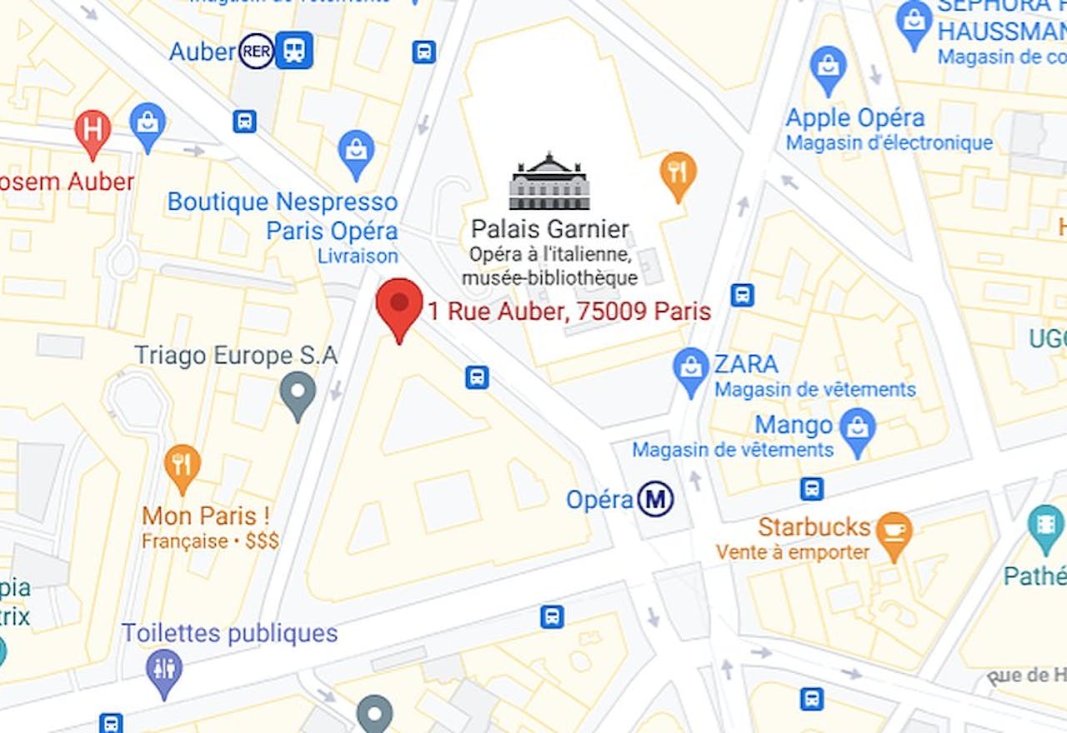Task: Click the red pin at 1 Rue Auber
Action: [399, 303]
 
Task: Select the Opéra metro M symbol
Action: [655, 500]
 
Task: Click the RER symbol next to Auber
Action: [256, 51]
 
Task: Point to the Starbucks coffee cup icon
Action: [894, 530]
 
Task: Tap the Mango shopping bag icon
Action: [857, 427]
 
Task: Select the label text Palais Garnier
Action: [550, 229]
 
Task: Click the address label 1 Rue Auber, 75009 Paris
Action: [569, 312]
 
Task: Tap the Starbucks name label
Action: [814, 527]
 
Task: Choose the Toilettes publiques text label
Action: [229, 633]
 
